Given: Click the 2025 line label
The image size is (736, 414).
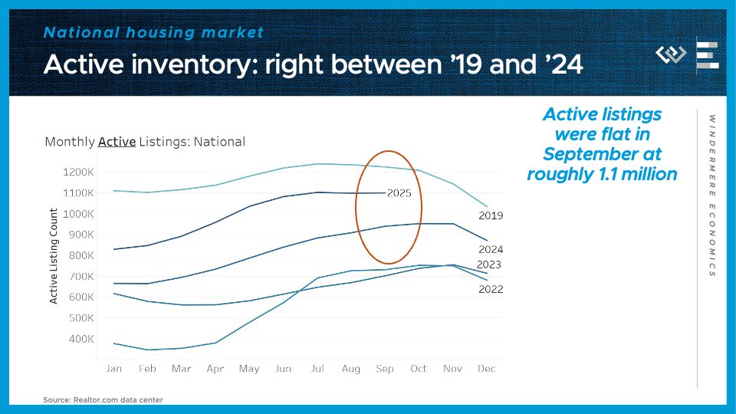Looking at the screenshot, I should coord(399,193).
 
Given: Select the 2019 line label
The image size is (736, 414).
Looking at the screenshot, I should coord(490,216).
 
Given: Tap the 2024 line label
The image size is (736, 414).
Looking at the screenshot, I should coord(490,249).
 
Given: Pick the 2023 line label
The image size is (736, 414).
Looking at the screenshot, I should coord(488,264).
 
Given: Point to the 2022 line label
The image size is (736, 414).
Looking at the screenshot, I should coord(490,289).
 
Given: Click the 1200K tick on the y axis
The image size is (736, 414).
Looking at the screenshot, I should coord(79,172).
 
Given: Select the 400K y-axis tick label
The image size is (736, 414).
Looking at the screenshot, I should coord(82,339).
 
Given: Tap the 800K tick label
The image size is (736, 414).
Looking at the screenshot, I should coord(82,255).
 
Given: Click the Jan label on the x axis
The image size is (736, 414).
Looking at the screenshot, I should coord(113,369).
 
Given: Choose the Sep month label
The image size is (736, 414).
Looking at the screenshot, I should coord(385,369).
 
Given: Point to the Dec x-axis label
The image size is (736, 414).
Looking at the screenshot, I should coord(487,369).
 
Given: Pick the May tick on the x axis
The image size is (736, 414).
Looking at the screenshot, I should coord(249,369).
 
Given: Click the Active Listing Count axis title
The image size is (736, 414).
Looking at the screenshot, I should coord(54,255).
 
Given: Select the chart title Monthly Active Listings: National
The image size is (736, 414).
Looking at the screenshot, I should coord(145,142).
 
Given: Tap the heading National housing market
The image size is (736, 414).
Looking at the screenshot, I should coord(153,32).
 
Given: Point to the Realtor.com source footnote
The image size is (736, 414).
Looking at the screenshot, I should coord(103,399).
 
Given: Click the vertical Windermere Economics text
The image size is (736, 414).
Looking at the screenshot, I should coord(711,195).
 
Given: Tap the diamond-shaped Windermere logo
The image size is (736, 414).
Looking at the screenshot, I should coord(672,54).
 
